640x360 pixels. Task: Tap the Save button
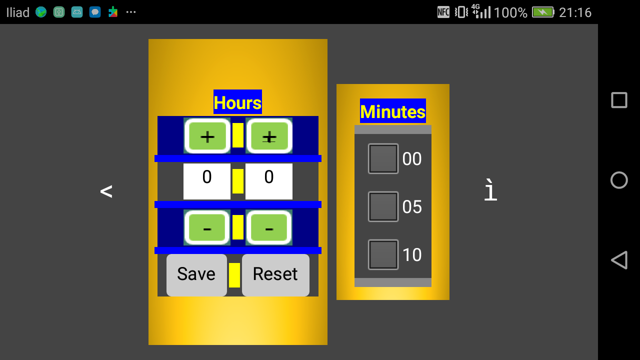pos(196,275)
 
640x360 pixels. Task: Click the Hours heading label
pos(237,102)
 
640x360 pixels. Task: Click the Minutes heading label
pos(392,111)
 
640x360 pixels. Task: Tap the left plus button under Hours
pos(207,135)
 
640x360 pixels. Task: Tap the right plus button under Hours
pos(269,135)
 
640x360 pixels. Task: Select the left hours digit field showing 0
pos(207,181)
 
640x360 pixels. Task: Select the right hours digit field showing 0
pos(269,181)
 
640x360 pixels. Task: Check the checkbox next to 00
pos(383,159)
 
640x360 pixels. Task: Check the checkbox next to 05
pos(383,206)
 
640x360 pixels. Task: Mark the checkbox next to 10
pos(383,254)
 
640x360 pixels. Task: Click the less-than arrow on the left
pos(106,191)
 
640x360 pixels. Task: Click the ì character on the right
pos(490,191)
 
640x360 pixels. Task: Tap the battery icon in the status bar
pos(543,12)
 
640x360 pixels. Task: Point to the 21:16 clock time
pos(575,12)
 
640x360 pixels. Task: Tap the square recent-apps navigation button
pos(619,100)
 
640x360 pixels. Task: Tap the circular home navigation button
pos(619,180)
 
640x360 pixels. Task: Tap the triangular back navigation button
pos(619,260)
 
